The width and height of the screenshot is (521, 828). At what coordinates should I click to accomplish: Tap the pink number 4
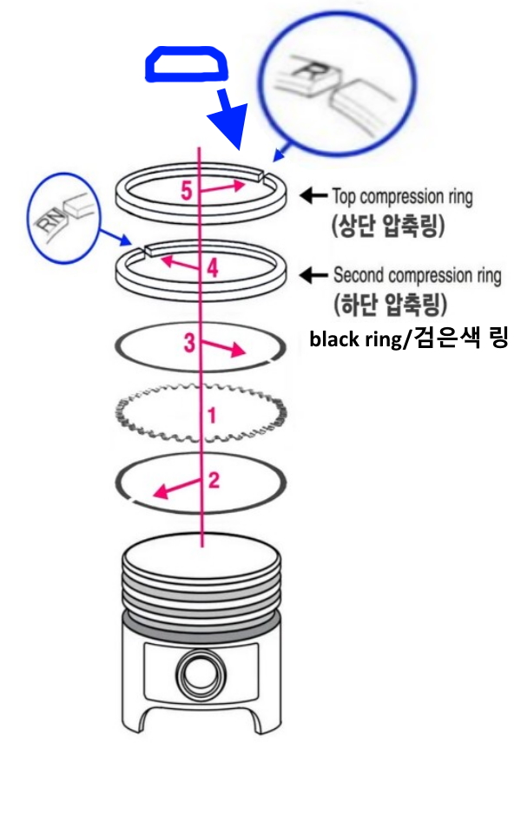(x=213, y=268)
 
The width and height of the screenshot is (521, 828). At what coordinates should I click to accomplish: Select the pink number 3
(x=188, y=343)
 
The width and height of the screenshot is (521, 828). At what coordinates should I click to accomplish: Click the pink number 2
(x=214, y=479)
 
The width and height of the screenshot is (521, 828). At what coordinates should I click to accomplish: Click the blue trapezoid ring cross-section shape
(x=186, y=64)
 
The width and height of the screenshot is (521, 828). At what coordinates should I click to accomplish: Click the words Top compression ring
(x=402, y=197)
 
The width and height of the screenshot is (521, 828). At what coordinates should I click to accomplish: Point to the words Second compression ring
(x=417, y=276)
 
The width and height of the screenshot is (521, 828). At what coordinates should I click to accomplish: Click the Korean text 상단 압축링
(x=387, y=227)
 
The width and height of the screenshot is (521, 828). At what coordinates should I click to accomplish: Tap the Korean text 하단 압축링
(x=387, y=306)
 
